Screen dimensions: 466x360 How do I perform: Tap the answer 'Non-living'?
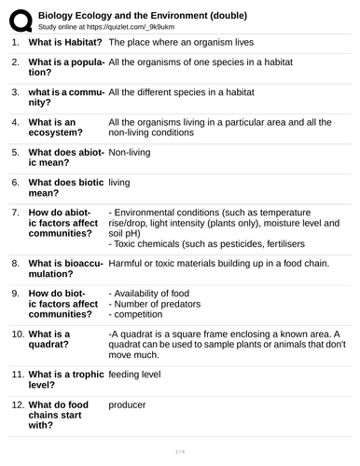pos(132,150)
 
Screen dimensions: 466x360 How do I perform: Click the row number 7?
pos(15,212)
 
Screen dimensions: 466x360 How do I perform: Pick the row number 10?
pos(18,334)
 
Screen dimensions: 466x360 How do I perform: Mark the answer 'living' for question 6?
pos(119,182)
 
